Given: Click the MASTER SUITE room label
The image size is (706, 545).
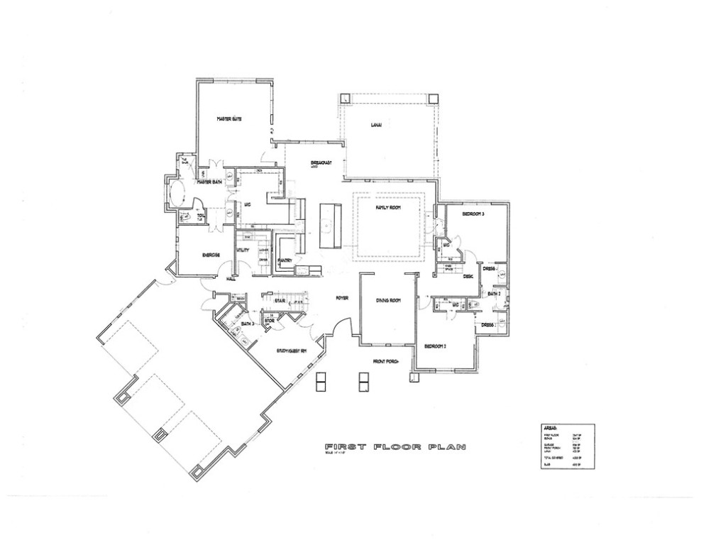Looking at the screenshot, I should (x=229, y=119).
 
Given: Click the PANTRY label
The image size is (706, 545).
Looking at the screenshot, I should (x=287, y=260).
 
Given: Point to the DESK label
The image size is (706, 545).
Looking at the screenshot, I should (x=468, y=277).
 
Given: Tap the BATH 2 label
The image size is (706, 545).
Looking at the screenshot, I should (x=494, y=292).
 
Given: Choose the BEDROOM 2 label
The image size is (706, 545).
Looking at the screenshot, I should (x=434, y=346).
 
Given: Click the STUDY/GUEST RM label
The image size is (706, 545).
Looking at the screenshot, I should (x=291, y=351).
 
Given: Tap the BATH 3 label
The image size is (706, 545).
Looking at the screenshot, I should (x=247, y=324).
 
